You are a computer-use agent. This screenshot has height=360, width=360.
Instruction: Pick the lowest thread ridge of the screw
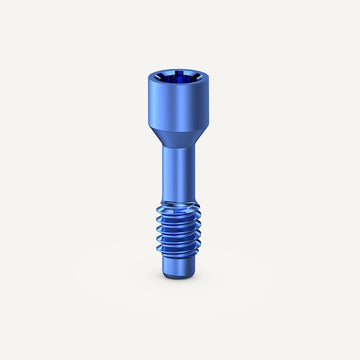click(x=180, y=262)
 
